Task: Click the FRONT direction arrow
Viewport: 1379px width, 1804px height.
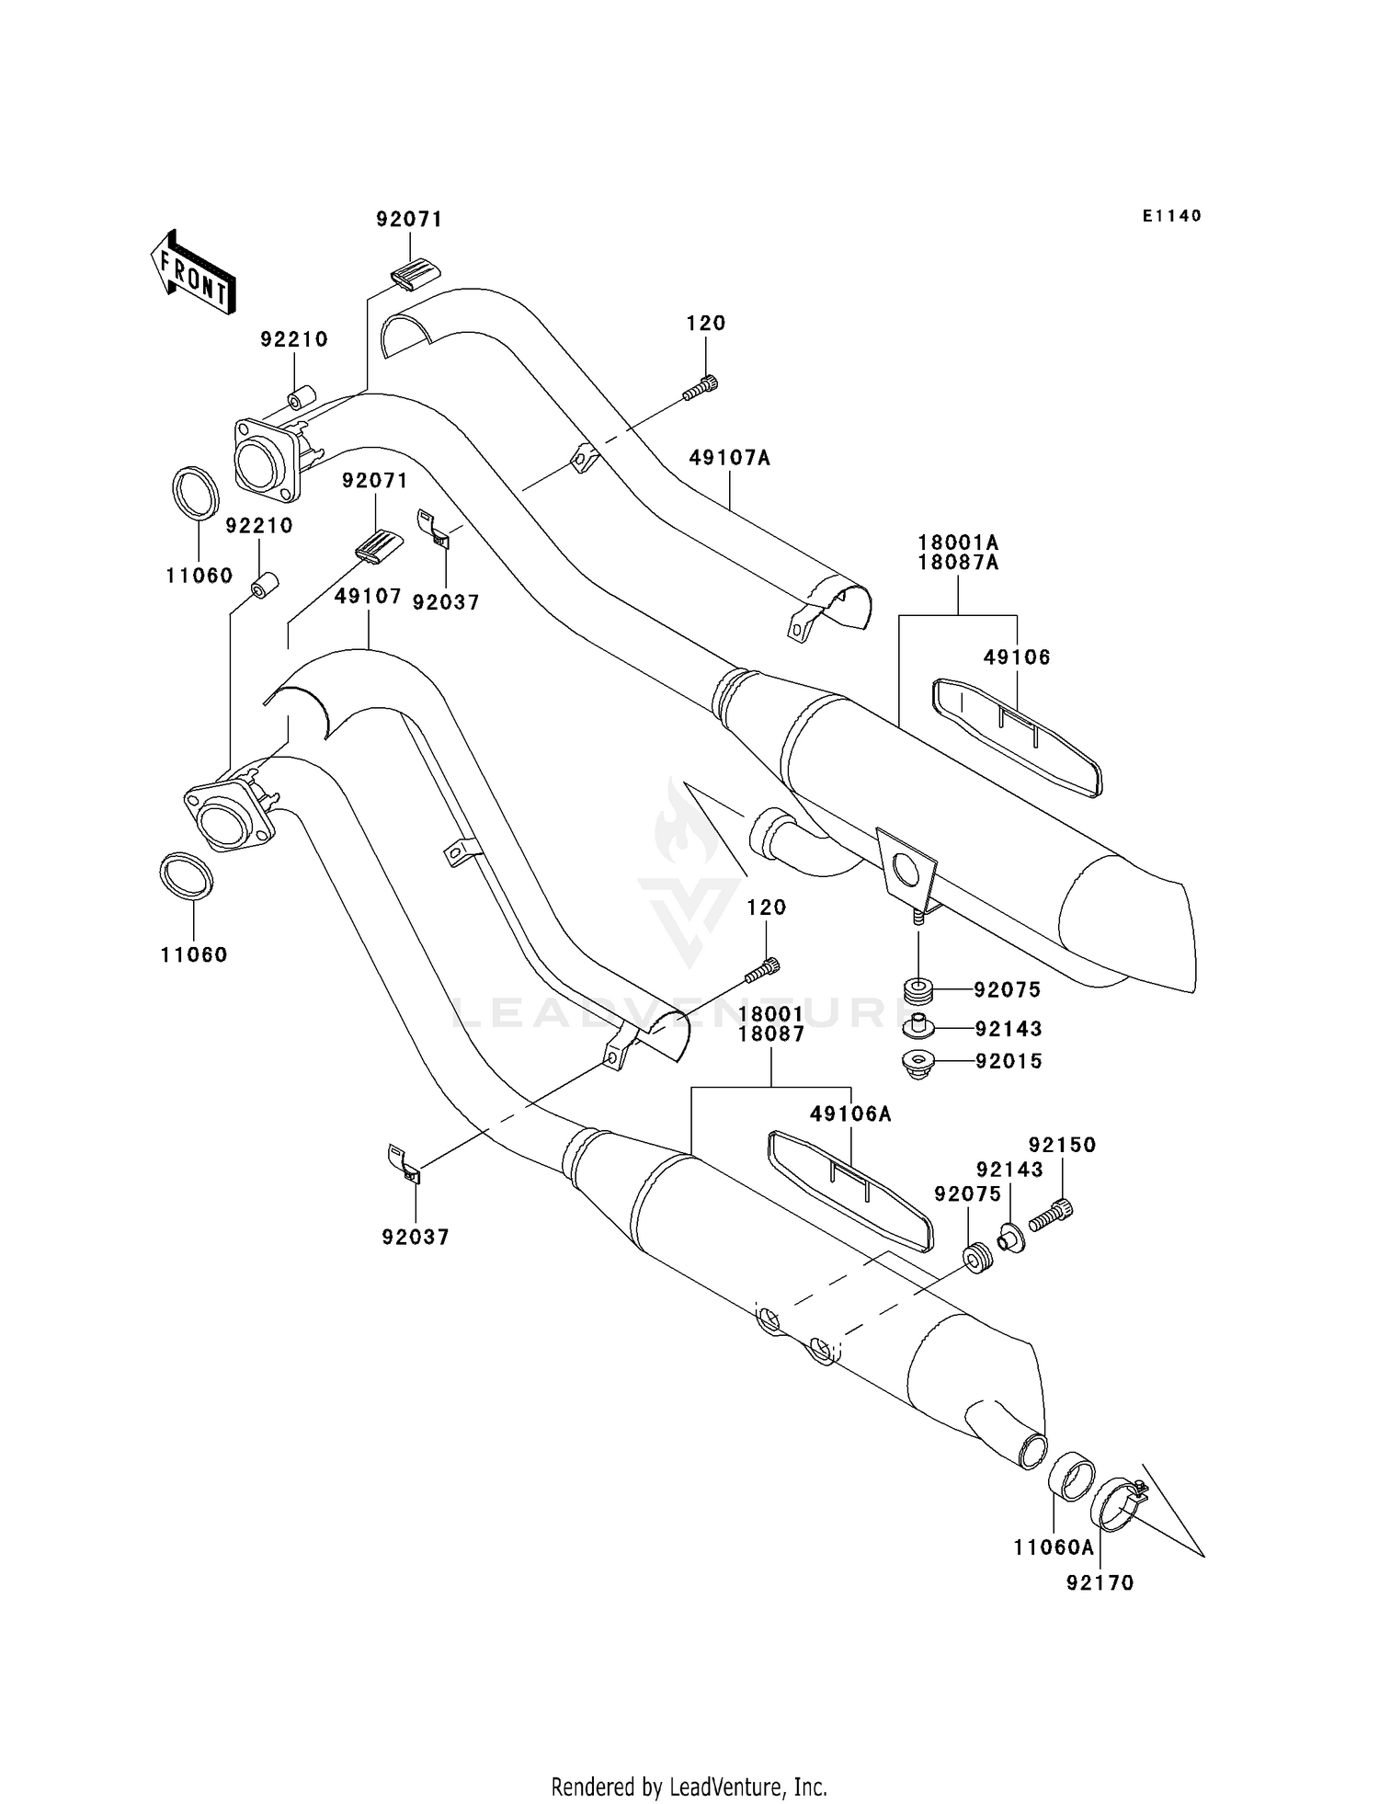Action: pos(194,273)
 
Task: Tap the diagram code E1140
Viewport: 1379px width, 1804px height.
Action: pos(1171,216)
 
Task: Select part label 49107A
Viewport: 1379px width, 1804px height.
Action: pos(730,458)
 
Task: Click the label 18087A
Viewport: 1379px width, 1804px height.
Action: pos(958,563)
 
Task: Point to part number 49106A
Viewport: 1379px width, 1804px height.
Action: pos(850,1114)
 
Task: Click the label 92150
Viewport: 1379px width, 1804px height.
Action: pos(1062,1145)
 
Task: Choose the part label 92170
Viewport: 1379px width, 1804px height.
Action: pos(1100,1583)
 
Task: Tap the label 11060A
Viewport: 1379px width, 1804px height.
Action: pos(1054,1547)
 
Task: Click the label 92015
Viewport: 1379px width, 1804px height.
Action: pos(1009,1061)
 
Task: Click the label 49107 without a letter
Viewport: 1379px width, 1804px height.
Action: pos(368,597)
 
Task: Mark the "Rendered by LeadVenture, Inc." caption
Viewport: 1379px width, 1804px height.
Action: pos(689,1787)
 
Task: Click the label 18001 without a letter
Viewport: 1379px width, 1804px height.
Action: pos(769,1013)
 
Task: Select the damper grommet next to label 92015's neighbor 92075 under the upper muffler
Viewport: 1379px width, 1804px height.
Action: pos(918,991)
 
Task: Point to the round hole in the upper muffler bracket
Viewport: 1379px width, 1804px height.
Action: pos(905,869)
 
